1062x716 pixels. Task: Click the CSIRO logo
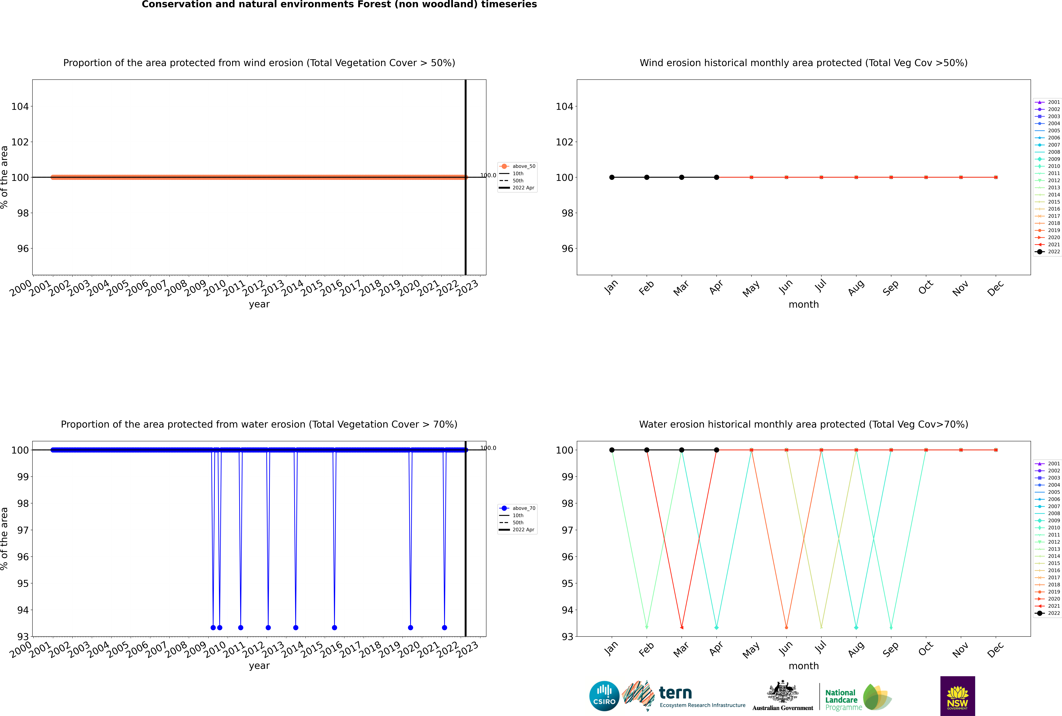point(604,696)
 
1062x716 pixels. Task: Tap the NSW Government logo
point(957,696)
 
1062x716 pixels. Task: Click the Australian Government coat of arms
point(783,693)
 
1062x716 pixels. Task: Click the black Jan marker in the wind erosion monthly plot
point(612,177)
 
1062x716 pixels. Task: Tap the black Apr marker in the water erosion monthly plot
point(716,450)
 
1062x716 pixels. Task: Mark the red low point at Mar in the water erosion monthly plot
point(682,627)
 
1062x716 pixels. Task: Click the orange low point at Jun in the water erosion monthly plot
point(786,627)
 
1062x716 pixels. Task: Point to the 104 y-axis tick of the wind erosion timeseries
point(20,106)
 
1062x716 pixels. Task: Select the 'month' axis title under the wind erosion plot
point(804,305)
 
